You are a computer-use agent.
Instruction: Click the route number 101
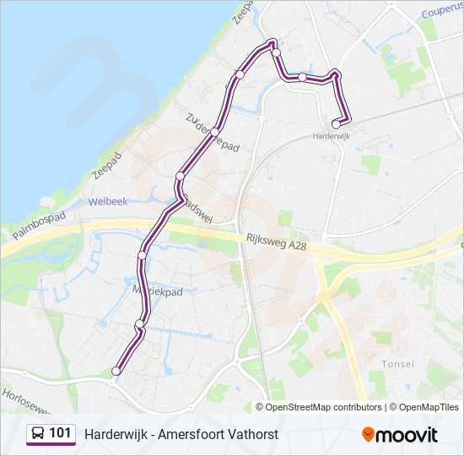point(60,433)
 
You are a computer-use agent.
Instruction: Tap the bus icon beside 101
point(38,434)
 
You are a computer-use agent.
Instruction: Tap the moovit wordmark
point(407,435)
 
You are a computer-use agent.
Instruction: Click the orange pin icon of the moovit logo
point(368,434)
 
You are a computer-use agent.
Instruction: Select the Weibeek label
point(106,202)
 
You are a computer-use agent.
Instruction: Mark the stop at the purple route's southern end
point(116,371)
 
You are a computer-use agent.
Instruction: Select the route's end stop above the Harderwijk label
point(336,124)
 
